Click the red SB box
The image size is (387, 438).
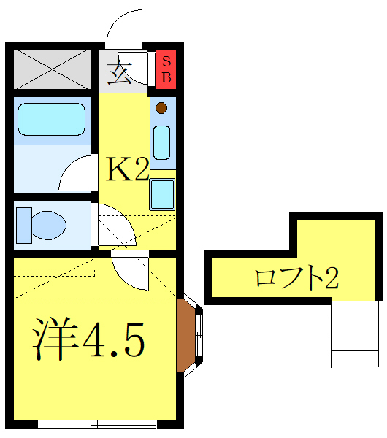pyautogui.click(x=166, y=69)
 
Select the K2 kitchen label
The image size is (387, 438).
pyautogui.click(x=129, y=170)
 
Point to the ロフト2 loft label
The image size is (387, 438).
pyautogui.click(x=296, y=277)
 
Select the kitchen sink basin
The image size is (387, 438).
pyautogui.click(x=162, y=142)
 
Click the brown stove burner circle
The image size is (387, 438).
pyautogui.click(x=161, y=109)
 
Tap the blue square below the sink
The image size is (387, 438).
pyautogui.click(x=162, y=195)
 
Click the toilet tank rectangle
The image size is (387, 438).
pyautogui.click(x=23, y=224)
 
